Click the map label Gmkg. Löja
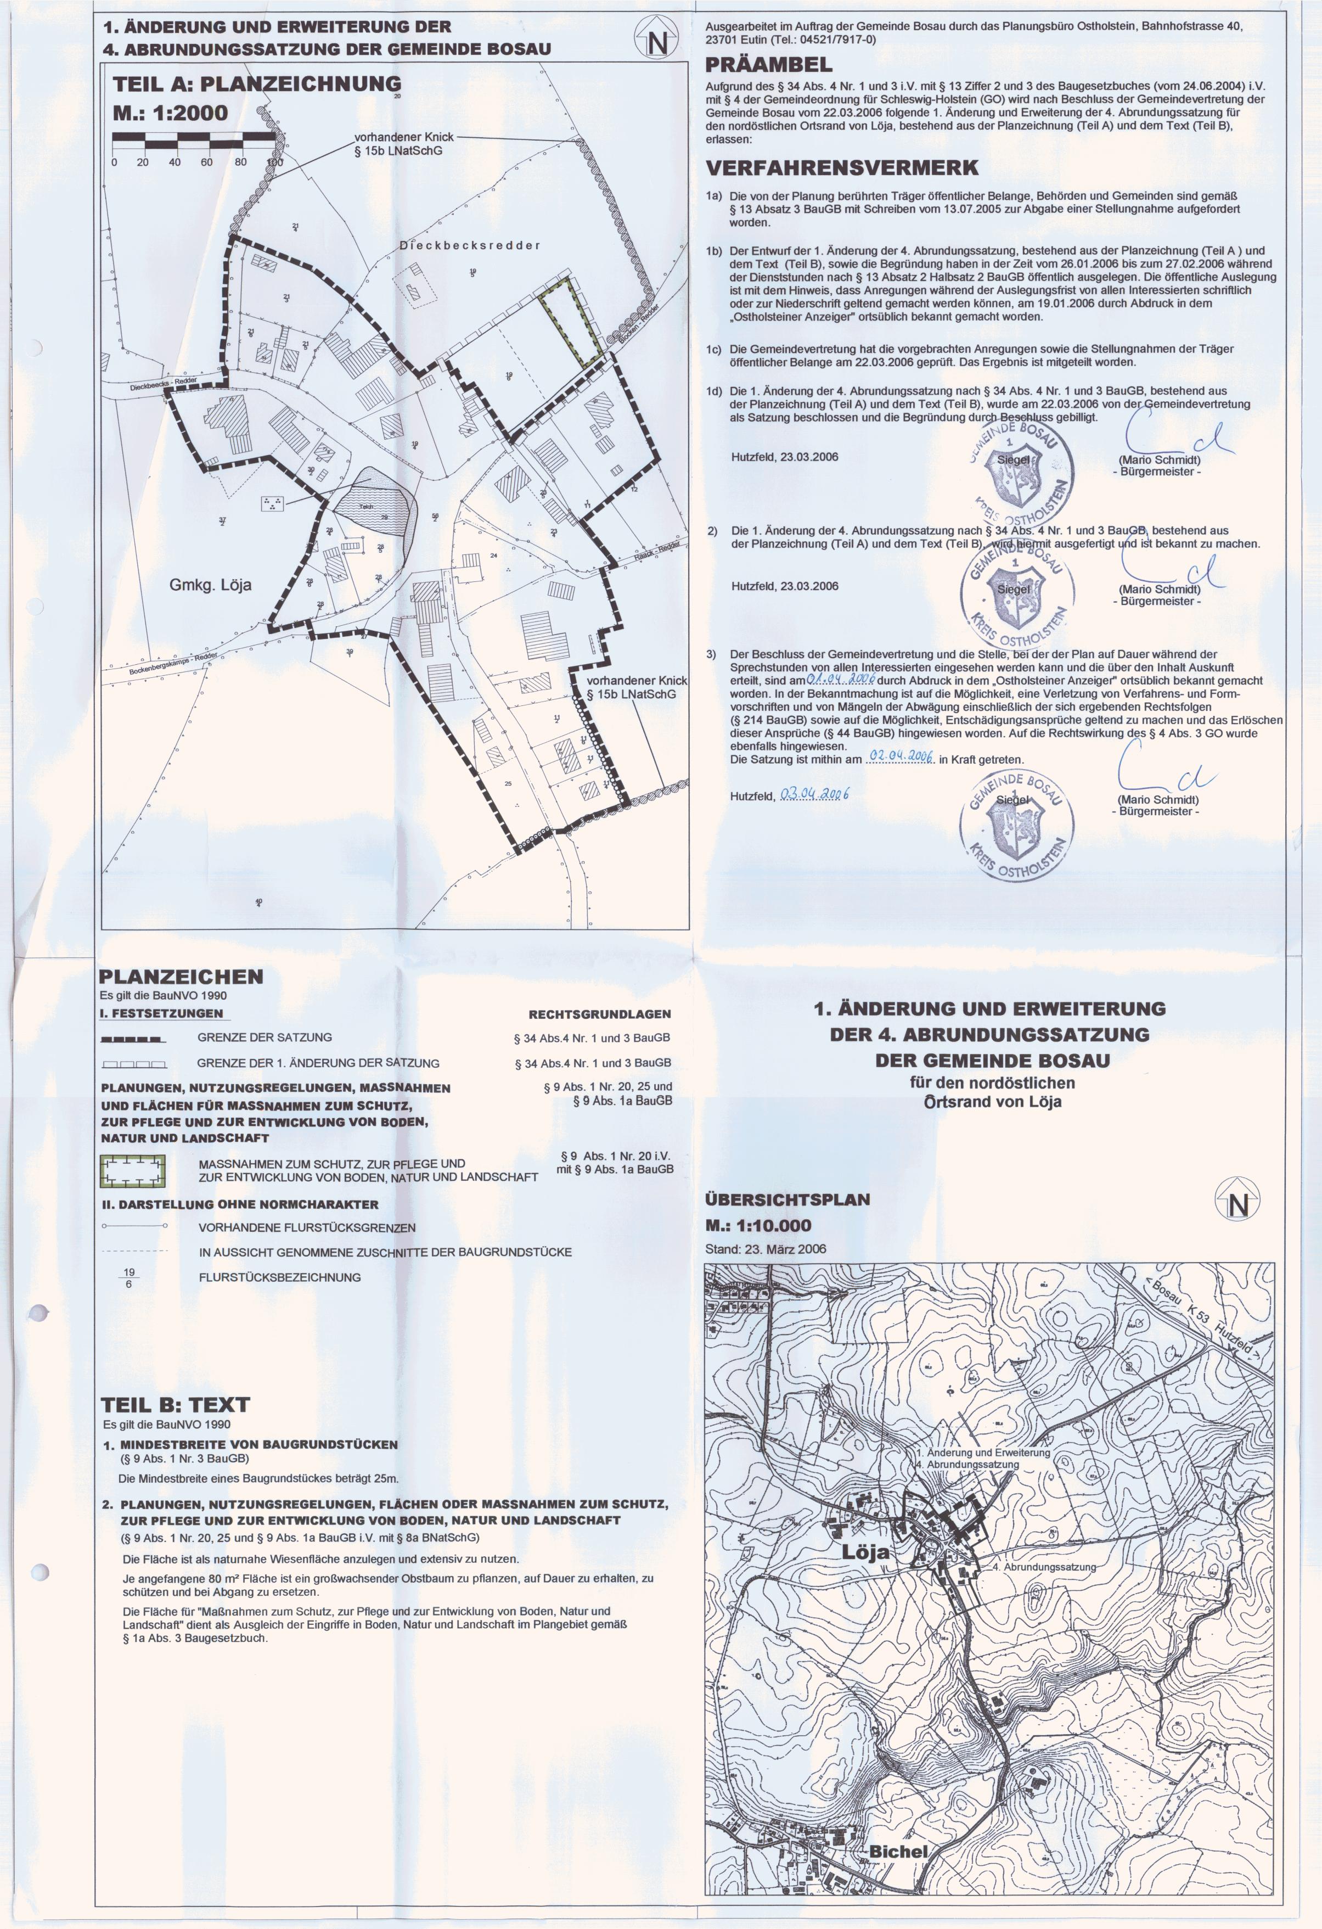tap(210, 585)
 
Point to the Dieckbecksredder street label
tap(470, 246)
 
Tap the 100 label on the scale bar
tap(273, 162)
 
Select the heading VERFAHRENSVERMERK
tap(841, 167)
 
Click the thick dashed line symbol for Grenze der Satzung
tap(133, 1039)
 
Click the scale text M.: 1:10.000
tap(758, 1226)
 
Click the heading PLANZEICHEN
tap(181, 977)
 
